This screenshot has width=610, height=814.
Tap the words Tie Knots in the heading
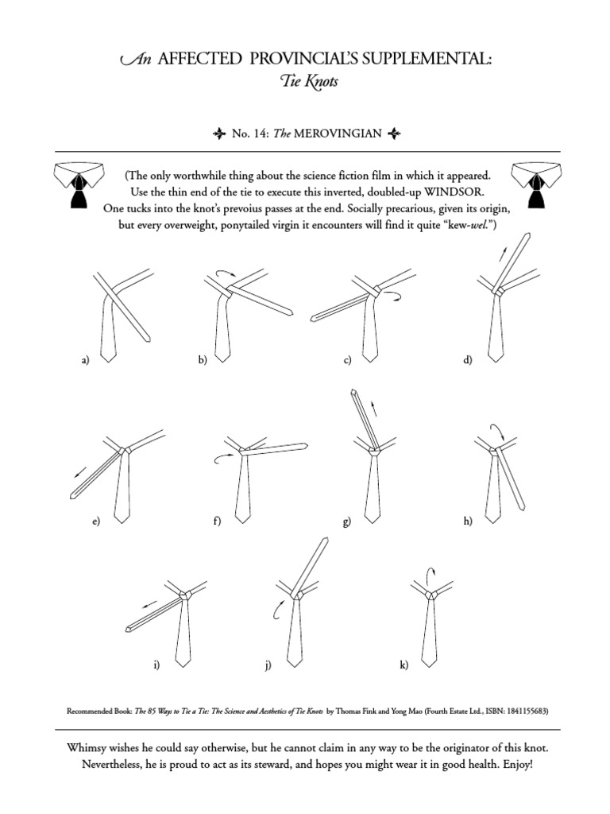point(305,83)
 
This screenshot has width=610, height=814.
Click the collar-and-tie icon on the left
point(77,184)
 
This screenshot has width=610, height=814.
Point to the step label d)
point(467,360)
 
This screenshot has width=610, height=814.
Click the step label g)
point(346,521)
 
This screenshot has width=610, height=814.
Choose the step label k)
point(403,665)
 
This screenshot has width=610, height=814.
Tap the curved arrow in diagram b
point(224,273)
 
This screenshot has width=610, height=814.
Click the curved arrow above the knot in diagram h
point(500,432)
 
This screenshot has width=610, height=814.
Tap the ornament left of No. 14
point(221,134)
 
